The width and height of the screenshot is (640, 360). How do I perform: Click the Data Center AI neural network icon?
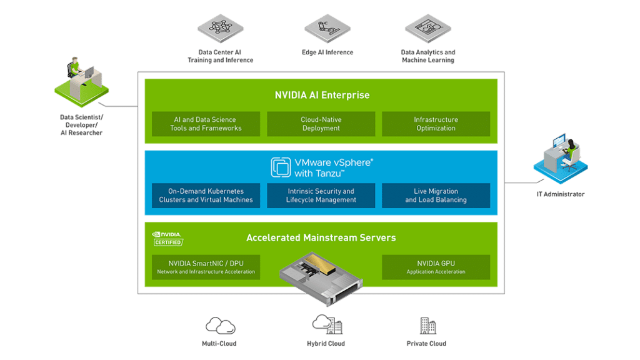coord(221,29)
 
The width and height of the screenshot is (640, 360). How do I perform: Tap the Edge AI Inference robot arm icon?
coord(327,29)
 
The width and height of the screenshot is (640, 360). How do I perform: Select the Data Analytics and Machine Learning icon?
coord(427,29)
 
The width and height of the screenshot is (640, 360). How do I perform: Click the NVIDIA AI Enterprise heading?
coord(322,95)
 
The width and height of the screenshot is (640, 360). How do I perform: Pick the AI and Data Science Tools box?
coord(206,124)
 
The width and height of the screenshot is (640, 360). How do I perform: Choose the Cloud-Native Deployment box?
coord(321,124)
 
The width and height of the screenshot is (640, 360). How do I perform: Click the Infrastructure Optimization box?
coord(436,124)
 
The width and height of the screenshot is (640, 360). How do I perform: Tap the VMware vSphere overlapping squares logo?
coord(281,167)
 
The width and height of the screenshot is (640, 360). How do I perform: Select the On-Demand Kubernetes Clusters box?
coord(206,196)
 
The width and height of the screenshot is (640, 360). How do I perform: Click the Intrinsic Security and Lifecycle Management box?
coord(321,196)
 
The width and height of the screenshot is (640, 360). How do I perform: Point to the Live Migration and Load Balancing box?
coord(436,196)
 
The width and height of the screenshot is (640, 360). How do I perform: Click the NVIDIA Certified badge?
coord(167,239)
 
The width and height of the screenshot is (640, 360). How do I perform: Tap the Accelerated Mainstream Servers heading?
coord(321,238)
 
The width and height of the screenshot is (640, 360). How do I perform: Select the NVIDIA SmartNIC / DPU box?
coord(206,267)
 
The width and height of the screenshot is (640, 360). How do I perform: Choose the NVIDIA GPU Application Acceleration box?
coord(436,267)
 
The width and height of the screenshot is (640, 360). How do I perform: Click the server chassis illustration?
coord(321,279)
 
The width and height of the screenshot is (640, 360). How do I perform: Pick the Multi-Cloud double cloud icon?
coord(221,326)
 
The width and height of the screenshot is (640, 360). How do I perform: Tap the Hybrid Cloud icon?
coord(327,324)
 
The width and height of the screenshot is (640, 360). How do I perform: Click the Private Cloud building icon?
coord(427,326)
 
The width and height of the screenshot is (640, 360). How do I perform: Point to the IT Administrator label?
coord(561,194)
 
